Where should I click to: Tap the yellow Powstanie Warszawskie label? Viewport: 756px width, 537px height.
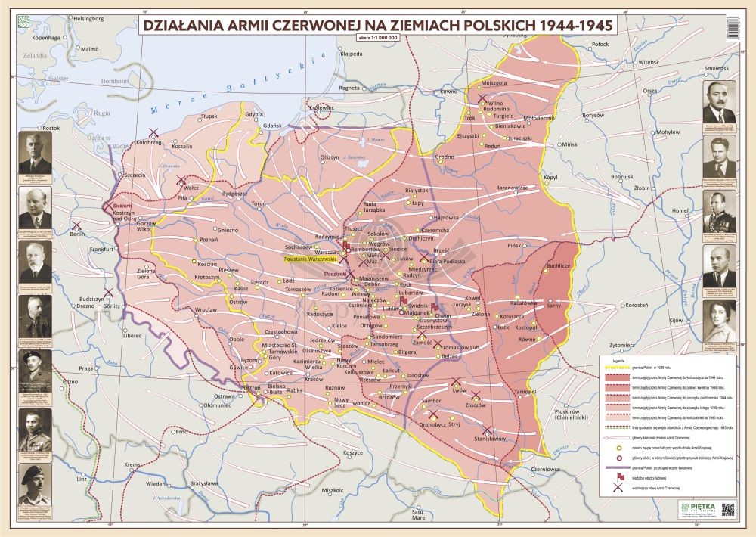point(309,259)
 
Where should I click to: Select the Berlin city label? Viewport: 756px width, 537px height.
point(77,234)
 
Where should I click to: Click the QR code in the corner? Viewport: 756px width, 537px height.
point(729,509)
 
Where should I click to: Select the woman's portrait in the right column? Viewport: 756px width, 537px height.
point(718,321)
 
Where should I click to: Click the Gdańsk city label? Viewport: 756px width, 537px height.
point(272,125)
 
